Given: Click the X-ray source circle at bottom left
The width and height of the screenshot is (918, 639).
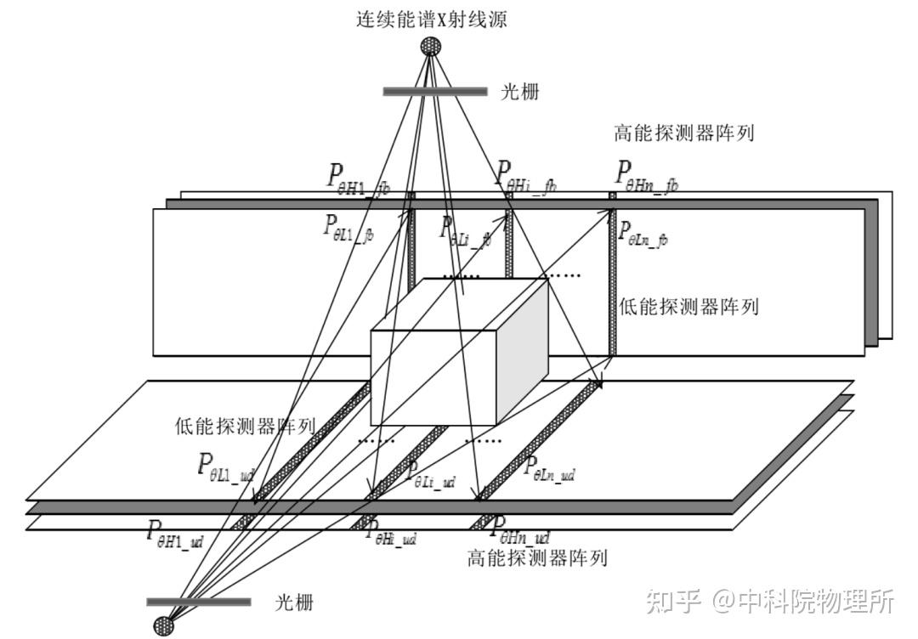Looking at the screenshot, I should [163, 626].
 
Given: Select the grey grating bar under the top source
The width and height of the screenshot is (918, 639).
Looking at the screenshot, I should [434, 92].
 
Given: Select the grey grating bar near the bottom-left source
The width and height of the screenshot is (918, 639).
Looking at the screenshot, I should [198, 602].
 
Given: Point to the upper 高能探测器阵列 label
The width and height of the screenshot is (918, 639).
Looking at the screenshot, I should [684, 133].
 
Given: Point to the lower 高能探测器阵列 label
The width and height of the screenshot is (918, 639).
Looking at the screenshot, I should [537, 558].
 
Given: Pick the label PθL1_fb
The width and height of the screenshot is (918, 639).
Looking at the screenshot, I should [348, 229].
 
